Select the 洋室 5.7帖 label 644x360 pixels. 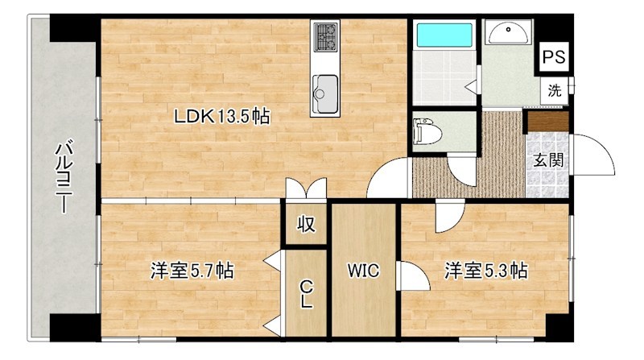pyautogui.click(x=192, y=271)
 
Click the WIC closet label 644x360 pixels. pyautogui.click(x=363, y=271)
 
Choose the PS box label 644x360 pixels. pyautogui.click(x=553, y=57)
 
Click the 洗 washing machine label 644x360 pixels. pyautogui.click(x=554, y=90)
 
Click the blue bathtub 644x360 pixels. pyautogui.click(x=444, y=35)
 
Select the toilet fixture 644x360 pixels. pyautogui.click(x=426, y=131)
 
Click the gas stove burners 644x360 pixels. pyautogui.click(x=325, y=35)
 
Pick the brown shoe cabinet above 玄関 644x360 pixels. pyautogui.click(x=547, y=122)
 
